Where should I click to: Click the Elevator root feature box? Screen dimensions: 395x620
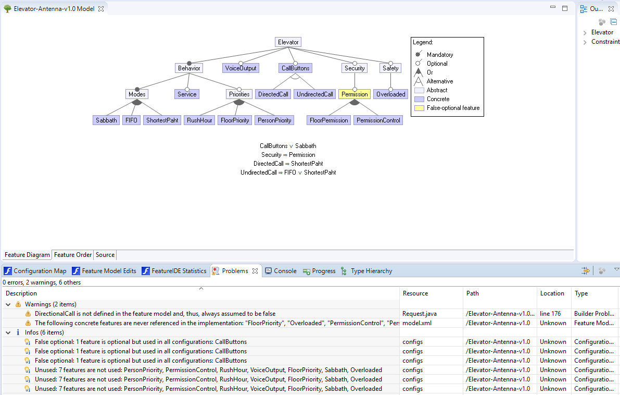coord(288,42)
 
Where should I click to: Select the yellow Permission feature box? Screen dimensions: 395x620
coord(355,94)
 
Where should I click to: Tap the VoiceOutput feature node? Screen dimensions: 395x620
coord(241,68)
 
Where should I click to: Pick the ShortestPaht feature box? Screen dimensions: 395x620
coord(162,120)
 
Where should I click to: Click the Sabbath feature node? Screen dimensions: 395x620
coord(106,120)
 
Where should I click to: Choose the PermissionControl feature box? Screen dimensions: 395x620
coord(378,120)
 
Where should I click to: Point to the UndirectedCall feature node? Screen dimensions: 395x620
coord(315,94)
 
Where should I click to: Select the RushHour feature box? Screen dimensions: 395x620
coord(199,120)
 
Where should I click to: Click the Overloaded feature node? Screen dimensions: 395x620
coord(390,94)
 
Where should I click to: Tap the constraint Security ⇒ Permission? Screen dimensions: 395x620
coord(288,155)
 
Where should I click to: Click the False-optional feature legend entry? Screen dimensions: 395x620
coord(453,108)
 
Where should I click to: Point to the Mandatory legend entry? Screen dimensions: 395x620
coord(439,55)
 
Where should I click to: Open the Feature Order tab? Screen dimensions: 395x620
coord(73,255)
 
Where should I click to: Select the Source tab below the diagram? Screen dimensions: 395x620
coord(105,255)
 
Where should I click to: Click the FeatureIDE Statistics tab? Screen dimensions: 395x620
coord(179,271)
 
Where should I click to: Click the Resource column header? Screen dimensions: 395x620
coord(415,293)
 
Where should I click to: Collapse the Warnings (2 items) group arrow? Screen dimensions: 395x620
coord(8,304)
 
